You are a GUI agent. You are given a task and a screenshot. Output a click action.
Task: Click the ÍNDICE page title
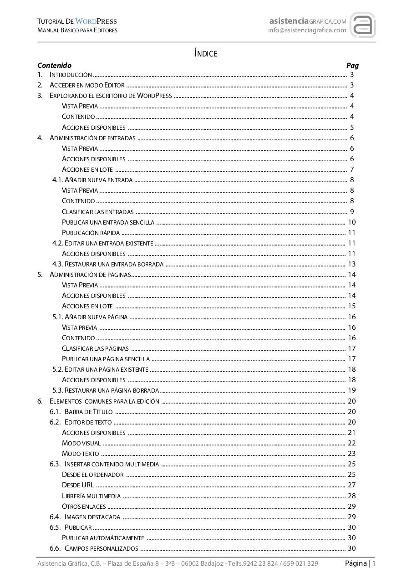pos(206,54)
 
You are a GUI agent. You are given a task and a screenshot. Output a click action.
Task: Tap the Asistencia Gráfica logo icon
pos(362,26)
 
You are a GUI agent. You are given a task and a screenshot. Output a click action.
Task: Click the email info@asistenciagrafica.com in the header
pos(307,31)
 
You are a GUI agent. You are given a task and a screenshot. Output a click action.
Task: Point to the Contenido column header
pos(54,65)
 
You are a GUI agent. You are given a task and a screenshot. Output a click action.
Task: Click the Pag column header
pos(352,65)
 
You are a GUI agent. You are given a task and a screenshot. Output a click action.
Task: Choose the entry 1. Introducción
pos(71,75)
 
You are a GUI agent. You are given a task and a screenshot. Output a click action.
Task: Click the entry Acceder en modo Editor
pos(87,85)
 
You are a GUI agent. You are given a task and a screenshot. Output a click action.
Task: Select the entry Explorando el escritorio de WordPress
pos(111,96)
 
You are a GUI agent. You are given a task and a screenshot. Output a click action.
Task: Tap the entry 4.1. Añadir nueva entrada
pos(92,180)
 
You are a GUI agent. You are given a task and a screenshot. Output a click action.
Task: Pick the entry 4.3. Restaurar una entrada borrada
pos(108,264)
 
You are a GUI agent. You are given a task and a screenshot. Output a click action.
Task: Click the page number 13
pos(351,264)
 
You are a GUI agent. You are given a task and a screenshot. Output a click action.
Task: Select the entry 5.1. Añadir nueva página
pos(90,317)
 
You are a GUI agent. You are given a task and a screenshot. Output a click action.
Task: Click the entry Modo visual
pos(81,443)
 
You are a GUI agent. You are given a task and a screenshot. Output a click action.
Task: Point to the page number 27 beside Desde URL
pos(351,485)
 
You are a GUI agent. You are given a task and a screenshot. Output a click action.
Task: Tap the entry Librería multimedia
pos(91,496)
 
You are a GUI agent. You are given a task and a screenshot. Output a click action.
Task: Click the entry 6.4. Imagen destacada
pos(85,517)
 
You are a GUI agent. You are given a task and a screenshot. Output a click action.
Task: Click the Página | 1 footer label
pos(360,563)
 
